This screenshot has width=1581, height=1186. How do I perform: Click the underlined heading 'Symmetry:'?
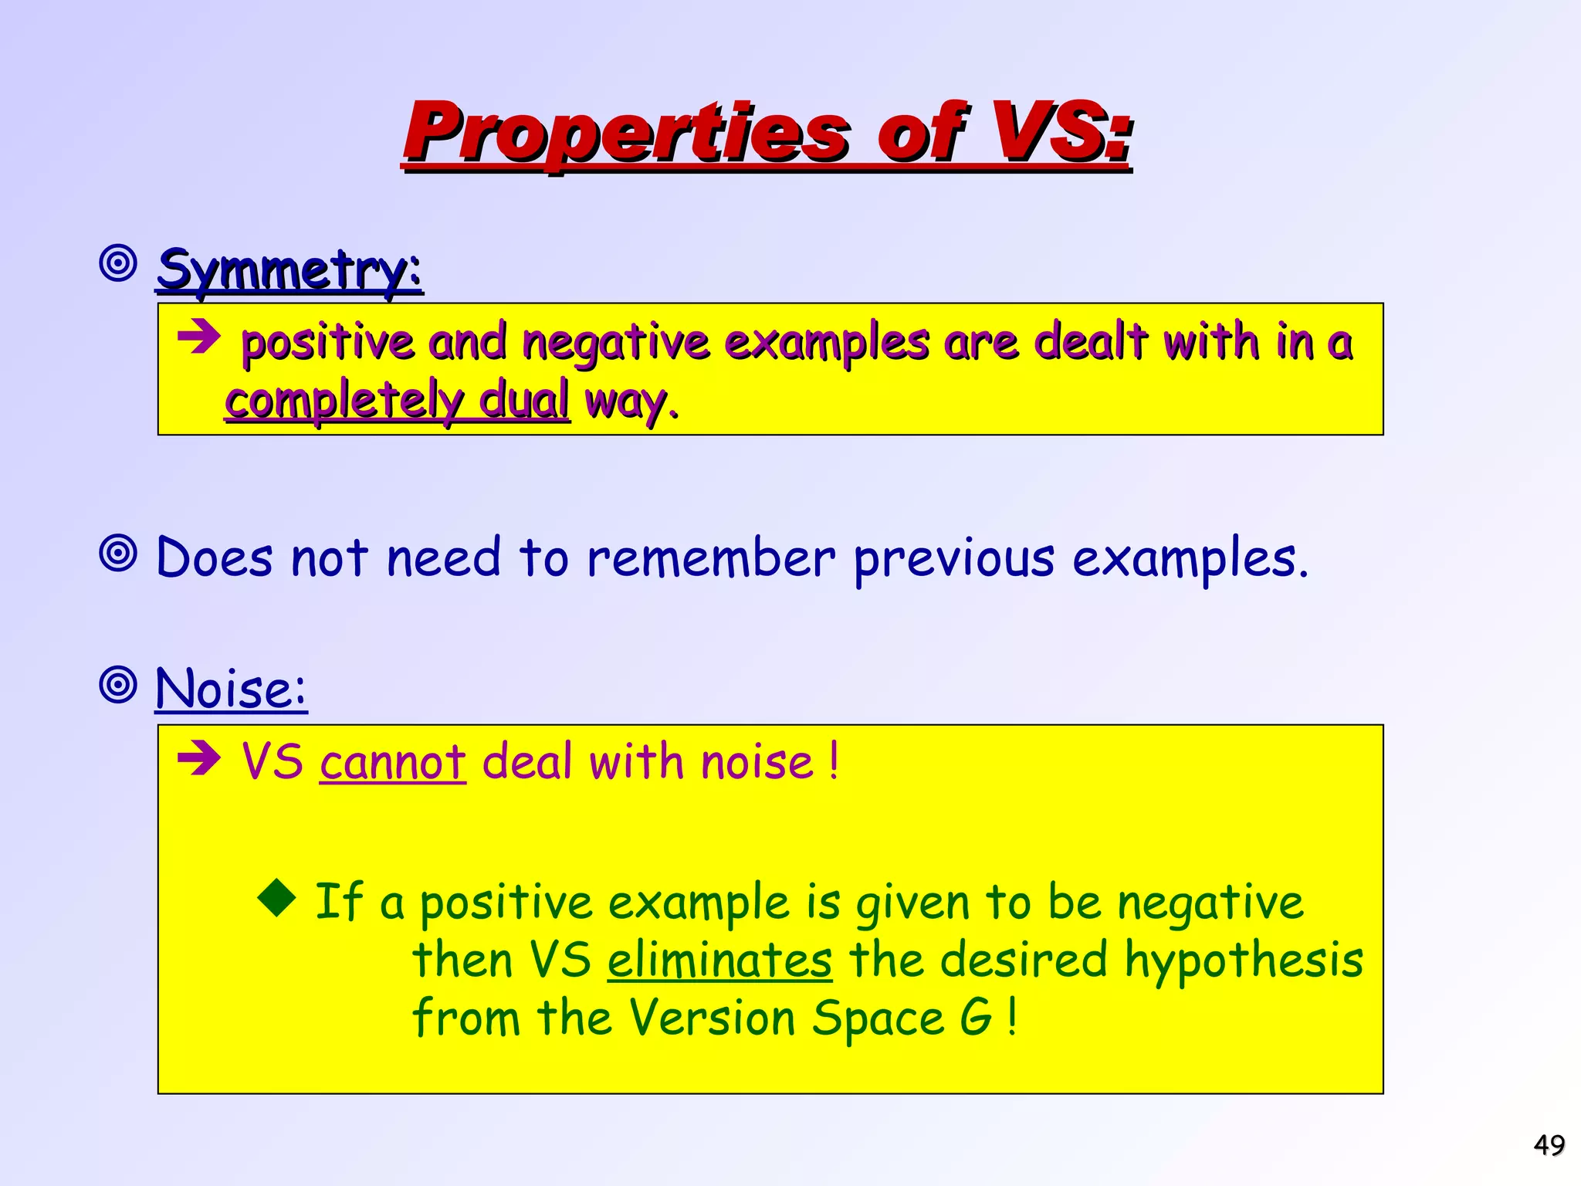click(289, 270)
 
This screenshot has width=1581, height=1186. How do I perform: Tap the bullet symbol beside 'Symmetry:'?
click(119, 264)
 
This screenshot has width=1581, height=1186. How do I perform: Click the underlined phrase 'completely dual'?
click(397, 401)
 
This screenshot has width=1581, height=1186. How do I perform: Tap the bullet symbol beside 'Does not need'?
click(119, 553)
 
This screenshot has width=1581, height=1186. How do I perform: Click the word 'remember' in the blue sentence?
click(711, 557)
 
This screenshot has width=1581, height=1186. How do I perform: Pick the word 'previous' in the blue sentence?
click(954, 557)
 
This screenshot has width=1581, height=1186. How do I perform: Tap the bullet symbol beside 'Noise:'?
click(119, 684)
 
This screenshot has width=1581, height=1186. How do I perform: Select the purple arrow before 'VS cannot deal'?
click(199, 759)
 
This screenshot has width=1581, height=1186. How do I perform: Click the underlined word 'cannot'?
click(393, 762)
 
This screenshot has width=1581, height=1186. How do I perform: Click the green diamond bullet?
click(277, 897)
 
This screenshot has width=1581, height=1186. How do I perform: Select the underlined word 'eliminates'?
click(719, 961)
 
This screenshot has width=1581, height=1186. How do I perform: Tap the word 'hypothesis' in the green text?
click(1244, 962)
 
